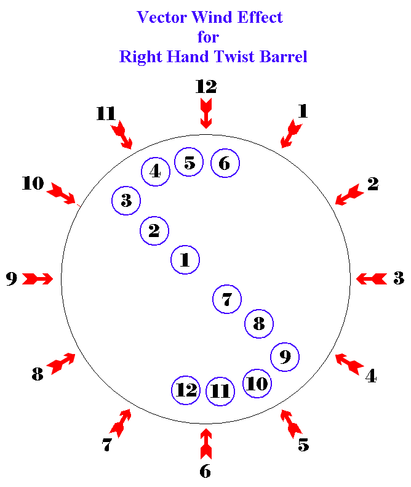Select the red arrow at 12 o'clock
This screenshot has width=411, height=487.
[206, 113]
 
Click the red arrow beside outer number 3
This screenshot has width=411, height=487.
[372, 279]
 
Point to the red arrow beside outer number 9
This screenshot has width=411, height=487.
[39, 279]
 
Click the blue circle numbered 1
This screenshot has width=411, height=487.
[185, 260]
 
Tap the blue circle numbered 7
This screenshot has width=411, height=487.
[227, 300]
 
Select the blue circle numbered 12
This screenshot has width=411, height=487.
[186, 389]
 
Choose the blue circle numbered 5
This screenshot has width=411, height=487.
[189, 163]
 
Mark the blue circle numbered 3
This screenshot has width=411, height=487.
[126, 200]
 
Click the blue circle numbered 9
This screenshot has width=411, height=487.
[285, 356]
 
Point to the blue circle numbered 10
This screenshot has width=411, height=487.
[258, 384]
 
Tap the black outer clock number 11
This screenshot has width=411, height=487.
[106, 114]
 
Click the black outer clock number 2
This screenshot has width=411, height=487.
[373, 183]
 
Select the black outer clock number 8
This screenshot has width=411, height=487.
[38, 374]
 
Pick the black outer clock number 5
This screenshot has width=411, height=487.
[303, 445]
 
